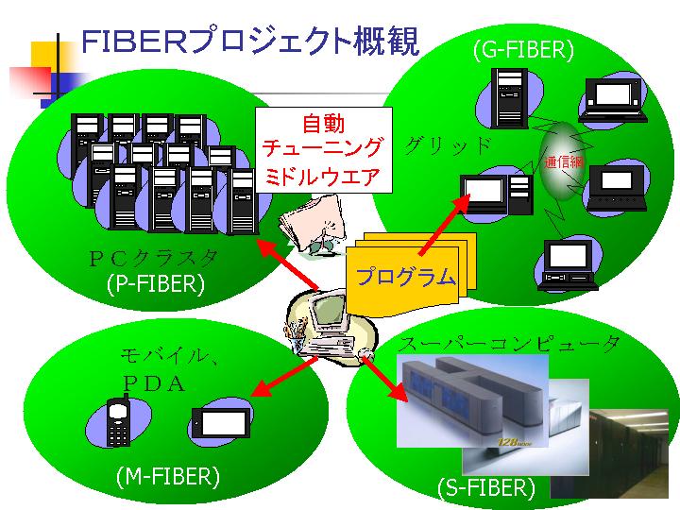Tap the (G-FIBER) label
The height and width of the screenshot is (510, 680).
click(x=523, y=49)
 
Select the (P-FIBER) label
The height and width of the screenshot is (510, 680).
click(x=156, y=283)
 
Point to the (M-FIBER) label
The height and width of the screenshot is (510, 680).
click(x=167, y=477)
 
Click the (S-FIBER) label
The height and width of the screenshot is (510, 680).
click(x=485, y=487)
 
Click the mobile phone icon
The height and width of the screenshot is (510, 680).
click(x=118, y=422)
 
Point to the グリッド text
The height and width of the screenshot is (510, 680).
click(x=449, y=146)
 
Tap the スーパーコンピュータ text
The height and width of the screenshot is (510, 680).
click(x=510, y=344)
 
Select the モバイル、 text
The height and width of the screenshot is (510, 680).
click(x=170, y=356)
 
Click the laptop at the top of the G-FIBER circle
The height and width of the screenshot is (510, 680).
click(x=612, y=99)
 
